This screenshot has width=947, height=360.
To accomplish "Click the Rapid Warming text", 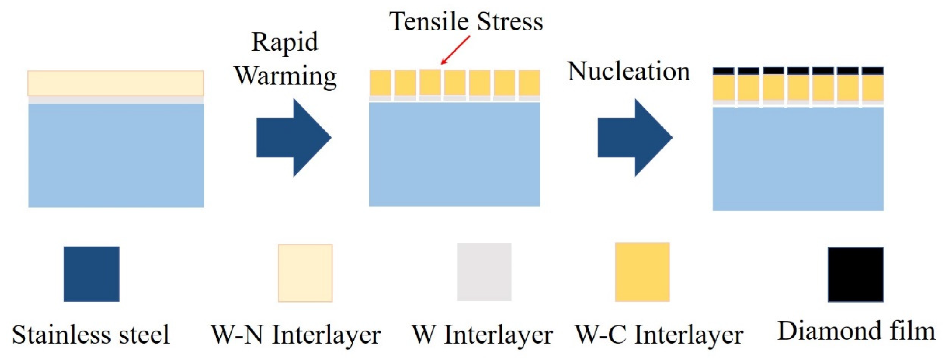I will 285,59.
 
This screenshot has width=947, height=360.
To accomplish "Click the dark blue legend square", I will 91,274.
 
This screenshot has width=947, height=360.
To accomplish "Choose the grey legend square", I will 484,272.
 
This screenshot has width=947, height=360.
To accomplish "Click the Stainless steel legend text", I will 91,334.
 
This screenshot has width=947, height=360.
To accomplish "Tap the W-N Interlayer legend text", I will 295,334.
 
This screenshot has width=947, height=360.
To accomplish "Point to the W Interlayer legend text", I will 482,334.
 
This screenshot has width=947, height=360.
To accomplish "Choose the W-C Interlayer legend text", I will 659,334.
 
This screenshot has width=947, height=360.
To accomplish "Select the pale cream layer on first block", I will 116,83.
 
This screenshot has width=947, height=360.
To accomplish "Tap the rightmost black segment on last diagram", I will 872,71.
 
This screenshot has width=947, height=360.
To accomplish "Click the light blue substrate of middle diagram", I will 454,154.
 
